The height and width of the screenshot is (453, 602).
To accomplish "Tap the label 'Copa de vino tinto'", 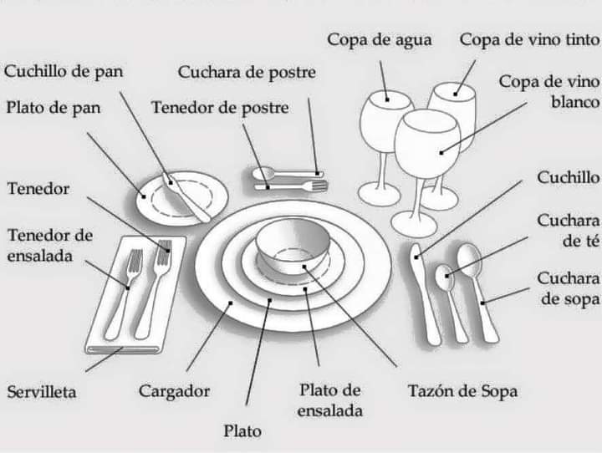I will tap(528, 39).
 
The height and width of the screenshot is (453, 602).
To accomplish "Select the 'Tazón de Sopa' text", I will tap(462, 390).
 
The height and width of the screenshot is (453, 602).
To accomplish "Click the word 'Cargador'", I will tap(174, 390).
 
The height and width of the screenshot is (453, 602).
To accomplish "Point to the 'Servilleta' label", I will tap(42, 390).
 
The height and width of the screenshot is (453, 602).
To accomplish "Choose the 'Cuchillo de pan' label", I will tap(64, 71).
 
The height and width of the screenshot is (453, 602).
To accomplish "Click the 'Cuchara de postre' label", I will tap(247, 72).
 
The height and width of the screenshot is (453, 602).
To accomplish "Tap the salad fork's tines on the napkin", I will tap(134, 262).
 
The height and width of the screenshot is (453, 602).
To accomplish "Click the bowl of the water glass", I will tap(385, 121).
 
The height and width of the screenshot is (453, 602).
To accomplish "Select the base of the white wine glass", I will tap(414, 224).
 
